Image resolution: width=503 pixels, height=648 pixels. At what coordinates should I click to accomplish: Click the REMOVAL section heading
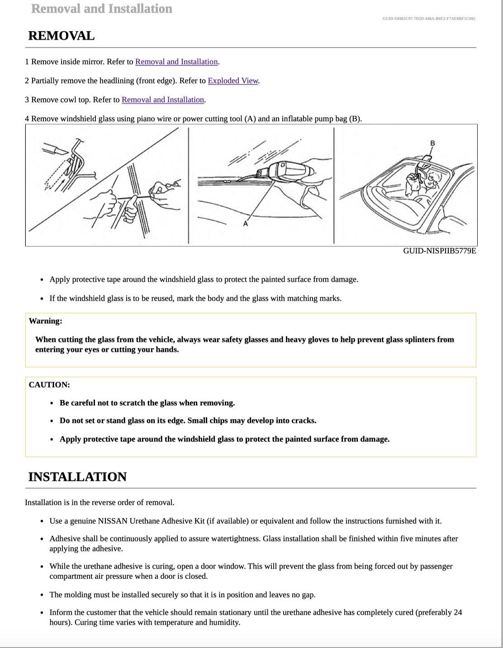[61, 36]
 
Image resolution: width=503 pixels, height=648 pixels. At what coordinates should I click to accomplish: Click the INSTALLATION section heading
[77, 477]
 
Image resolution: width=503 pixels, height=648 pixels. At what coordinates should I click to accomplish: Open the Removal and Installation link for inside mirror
[176, 62]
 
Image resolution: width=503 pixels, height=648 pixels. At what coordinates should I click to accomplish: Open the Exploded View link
[233, 81]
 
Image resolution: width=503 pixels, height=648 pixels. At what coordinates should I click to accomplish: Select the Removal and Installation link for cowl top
[163, 100]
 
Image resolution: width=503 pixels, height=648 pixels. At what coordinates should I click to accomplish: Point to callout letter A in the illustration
[246, 224]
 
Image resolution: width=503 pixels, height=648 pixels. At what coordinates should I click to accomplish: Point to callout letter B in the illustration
[432, 143]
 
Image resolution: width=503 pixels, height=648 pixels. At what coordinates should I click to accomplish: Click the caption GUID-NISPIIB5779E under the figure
[439, 251]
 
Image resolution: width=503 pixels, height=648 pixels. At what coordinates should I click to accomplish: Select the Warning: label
[45, 321]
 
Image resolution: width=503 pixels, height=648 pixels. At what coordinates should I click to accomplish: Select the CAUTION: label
[49, 385]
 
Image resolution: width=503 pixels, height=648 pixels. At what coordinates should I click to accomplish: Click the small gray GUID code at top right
[428, 19]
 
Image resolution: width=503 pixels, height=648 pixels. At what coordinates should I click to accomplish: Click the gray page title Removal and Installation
[101, 9]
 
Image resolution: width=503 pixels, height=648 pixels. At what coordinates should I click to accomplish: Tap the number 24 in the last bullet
[457, 612]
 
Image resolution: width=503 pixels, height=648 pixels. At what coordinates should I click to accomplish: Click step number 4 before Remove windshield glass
[27, 119]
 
